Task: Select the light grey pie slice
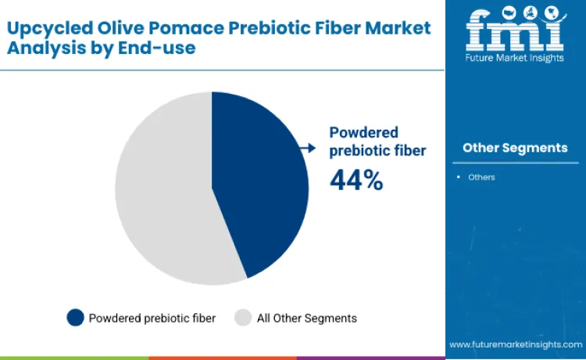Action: click(160, 191)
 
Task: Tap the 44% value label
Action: click(356, 180)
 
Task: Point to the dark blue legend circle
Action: click(76, 317)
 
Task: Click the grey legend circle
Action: click(243, 317)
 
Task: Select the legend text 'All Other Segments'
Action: click(306, 318)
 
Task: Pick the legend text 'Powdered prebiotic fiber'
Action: click(152, 318)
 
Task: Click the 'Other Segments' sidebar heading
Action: click(515, 148)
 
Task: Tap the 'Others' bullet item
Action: click(481, 177)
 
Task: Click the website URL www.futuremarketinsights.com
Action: click(515, 344)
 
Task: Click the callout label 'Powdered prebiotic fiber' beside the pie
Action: click(377, 141)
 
